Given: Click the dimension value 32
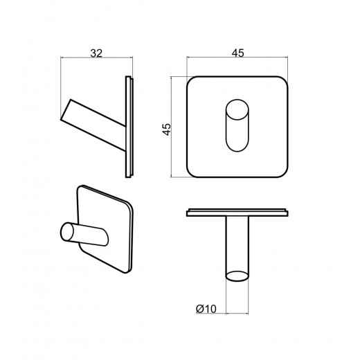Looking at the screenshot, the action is pyautogui.click(x=96, y=53).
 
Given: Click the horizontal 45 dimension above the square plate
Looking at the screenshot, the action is pyautogui.click(x=238, y=53).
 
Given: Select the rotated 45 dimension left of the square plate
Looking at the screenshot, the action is pyautogui.click(x=167, y=129).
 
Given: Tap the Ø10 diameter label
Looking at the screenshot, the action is pyautogui.click(x=206, y=309).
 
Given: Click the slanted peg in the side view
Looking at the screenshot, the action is pyautogui.click(x=93, y=125).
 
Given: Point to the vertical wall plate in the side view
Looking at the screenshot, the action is pyautogui.click(x=129, y=127).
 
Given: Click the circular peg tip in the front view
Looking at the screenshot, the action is pyautogui.click(x=237, y=109).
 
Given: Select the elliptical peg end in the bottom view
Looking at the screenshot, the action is pyautogui.click(x=237, y=276).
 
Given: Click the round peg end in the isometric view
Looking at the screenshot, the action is pyautogui.click(x=67, y=232).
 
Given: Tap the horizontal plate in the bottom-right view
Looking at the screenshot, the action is pyautogui.click(x=237, y=213).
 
